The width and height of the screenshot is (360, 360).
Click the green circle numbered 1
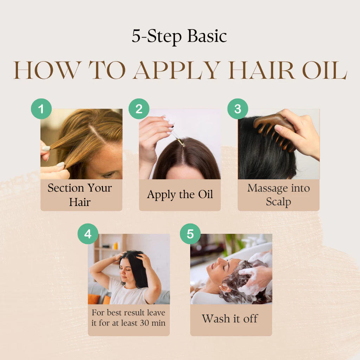point(41,109)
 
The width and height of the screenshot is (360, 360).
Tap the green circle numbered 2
point(139,109)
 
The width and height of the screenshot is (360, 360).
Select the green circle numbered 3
point(238,109)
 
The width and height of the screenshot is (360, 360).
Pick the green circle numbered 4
point(88,234)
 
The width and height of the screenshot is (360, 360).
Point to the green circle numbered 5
point(190,234)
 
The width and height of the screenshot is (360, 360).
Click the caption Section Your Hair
point(80,195)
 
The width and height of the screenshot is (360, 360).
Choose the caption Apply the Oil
point(180,194)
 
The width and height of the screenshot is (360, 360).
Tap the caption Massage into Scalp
point(278,195)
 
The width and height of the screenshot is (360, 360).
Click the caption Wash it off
point(230,319)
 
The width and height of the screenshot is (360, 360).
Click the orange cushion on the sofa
point(94,299)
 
